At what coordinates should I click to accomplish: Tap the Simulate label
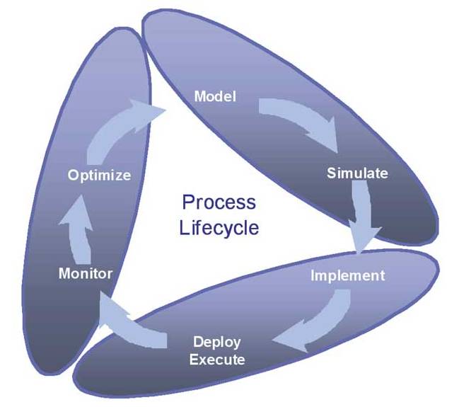(x=357, y=173)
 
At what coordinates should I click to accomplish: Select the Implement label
(x=348, y=275)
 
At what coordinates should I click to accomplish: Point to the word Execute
(x=217, y=360)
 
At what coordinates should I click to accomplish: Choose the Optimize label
(x=100, y=175)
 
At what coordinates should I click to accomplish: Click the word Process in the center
(x=219, y=202)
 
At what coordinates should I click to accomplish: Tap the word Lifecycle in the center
(x=219, y=228)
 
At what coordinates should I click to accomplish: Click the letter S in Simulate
(x=331, y=173)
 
